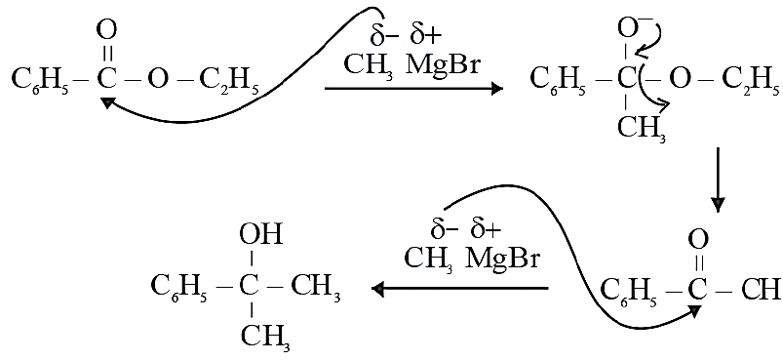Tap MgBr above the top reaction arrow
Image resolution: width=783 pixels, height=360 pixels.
tap(443, 66)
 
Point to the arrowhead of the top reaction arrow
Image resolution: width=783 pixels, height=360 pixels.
tap(497, 89)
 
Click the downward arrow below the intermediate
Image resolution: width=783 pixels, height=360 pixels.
tap(718, 180)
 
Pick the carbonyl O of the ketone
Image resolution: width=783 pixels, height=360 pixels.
tap(696, 242)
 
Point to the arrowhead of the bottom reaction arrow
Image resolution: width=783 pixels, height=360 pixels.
tap(378, 289)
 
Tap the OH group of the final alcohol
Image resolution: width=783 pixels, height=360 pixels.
tap(261, 234)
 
